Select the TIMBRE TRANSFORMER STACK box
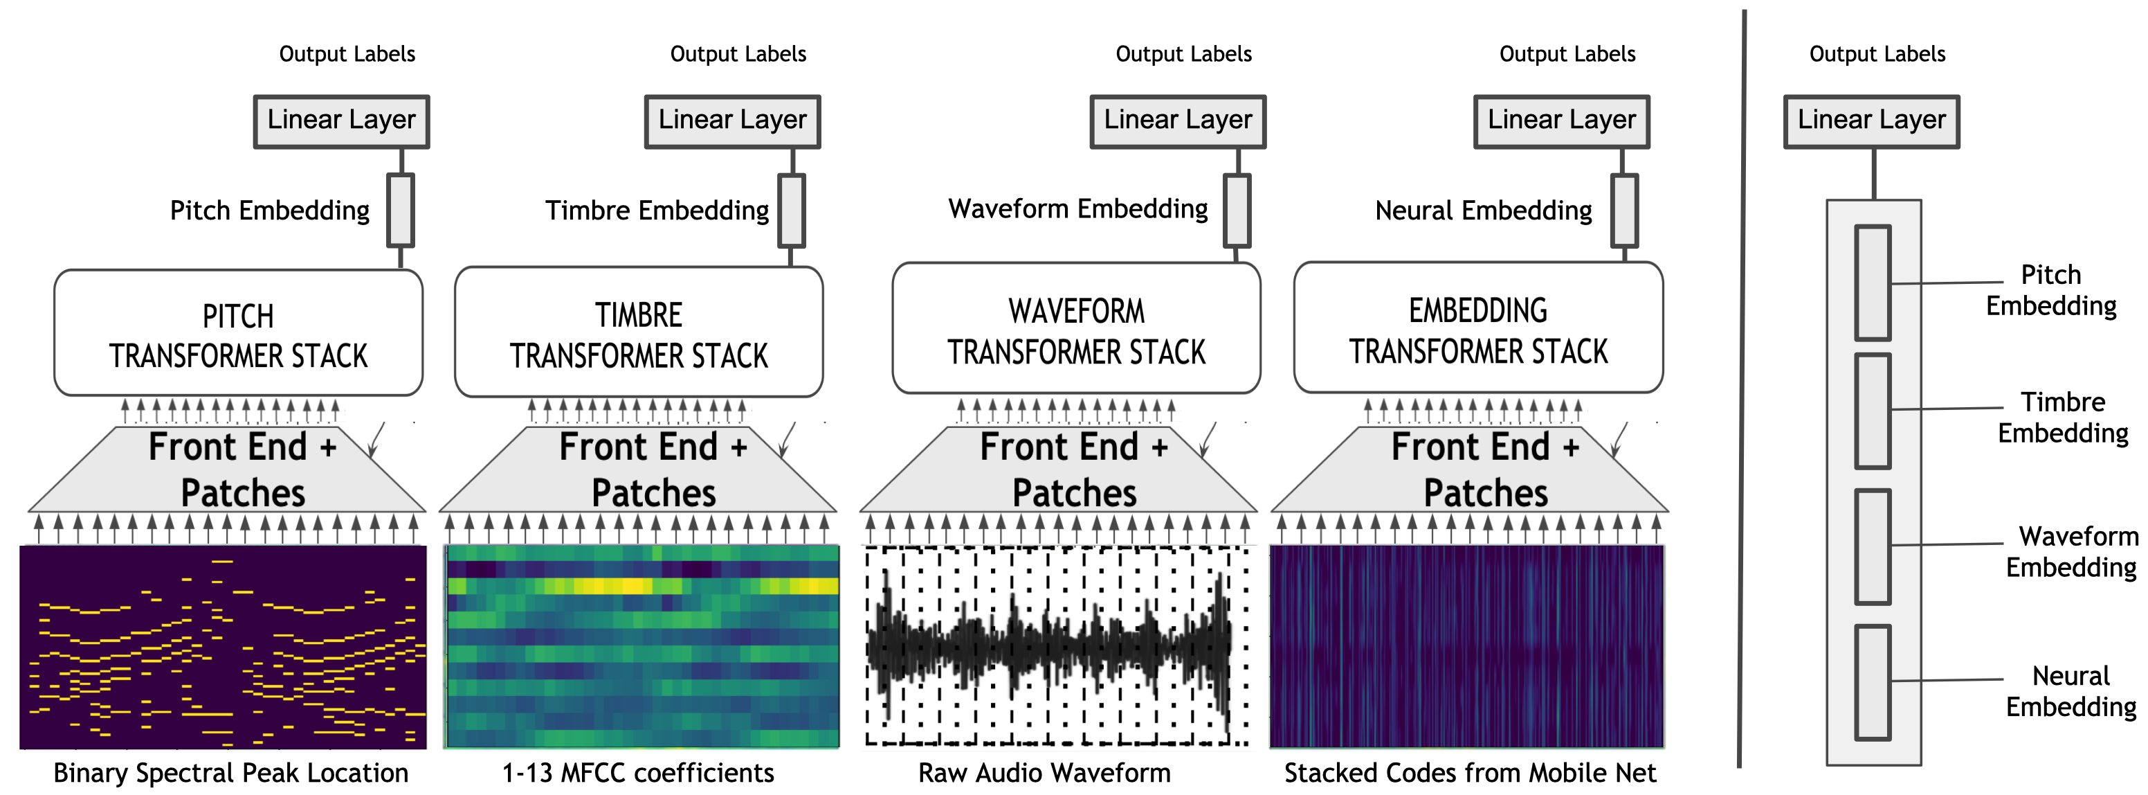coord(639,334)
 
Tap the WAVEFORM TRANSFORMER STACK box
coord(1075,330)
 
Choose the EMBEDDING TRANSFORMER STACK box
coord(1477,329)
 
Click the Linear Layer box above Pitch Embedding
coord(341,122)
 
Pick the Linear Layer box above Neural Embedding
coord(1561,122)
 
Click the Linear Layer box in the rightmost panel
coord(1871,122)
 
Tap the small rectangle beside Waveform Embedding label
coord(1236,211)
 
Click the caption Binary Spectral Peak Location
coord(230,772)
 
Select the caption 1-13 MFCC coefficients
coord(638,772)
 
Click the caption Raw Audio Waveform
coord(1044,772)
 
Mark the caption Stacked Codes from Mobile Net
coord(1469,772)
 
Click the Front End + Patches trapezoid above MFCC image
coord(639,472)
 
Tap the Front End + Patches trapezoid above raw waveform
coord(1059,472)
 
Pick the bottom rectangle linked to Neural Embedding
coord(1872,681)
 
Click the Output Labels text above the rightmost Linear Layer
coord(1876,54)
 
